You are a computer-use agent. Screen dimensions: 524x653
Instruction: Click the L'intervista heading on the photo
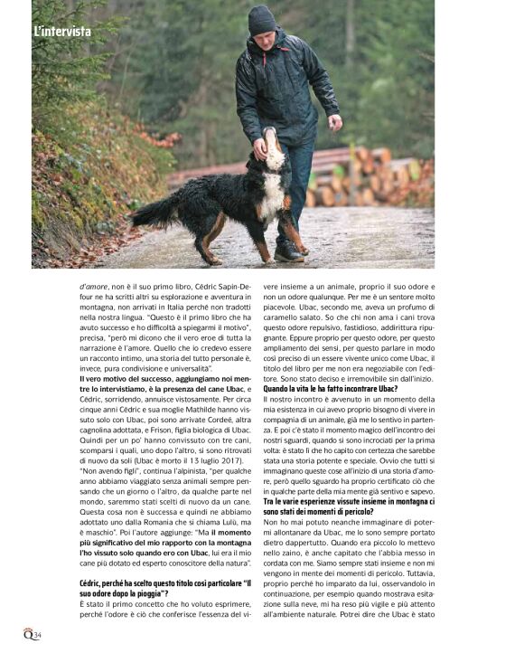point(61,31)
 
